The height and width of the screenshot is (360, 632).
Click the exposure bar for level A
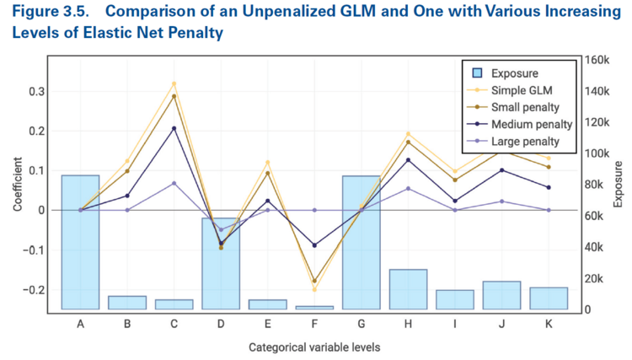pyautogui.click(x=80, y=243)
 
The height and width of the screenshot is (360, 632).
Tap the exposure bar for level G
pyautogui.click(x=362, y=243)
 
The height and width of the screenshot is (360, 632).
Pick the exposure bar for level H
pyautogui.click(x=408, y=289)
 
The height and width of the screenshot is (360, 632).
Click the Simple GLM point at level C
pyautogui.click(x=174, y=83)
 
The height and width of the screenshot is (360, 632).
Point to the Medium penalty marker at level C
pyautogui.click(x=174, y=128)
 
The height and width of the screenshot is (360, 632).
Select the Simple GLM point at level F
pyautogui.click(x=314, y=290)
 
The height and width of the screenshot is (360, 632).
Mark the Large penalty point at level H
pyautogui.click(x=408, y=188)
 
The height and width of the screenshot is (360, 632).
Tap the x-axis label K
pyautogui.click(x=549, y=324)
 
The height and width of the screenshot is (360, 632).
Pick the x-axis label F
pyautogui.click(x=314, y=324)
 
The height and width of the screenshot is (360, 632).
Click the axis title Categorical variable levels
pyautogui.click(x=313, y=347)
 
